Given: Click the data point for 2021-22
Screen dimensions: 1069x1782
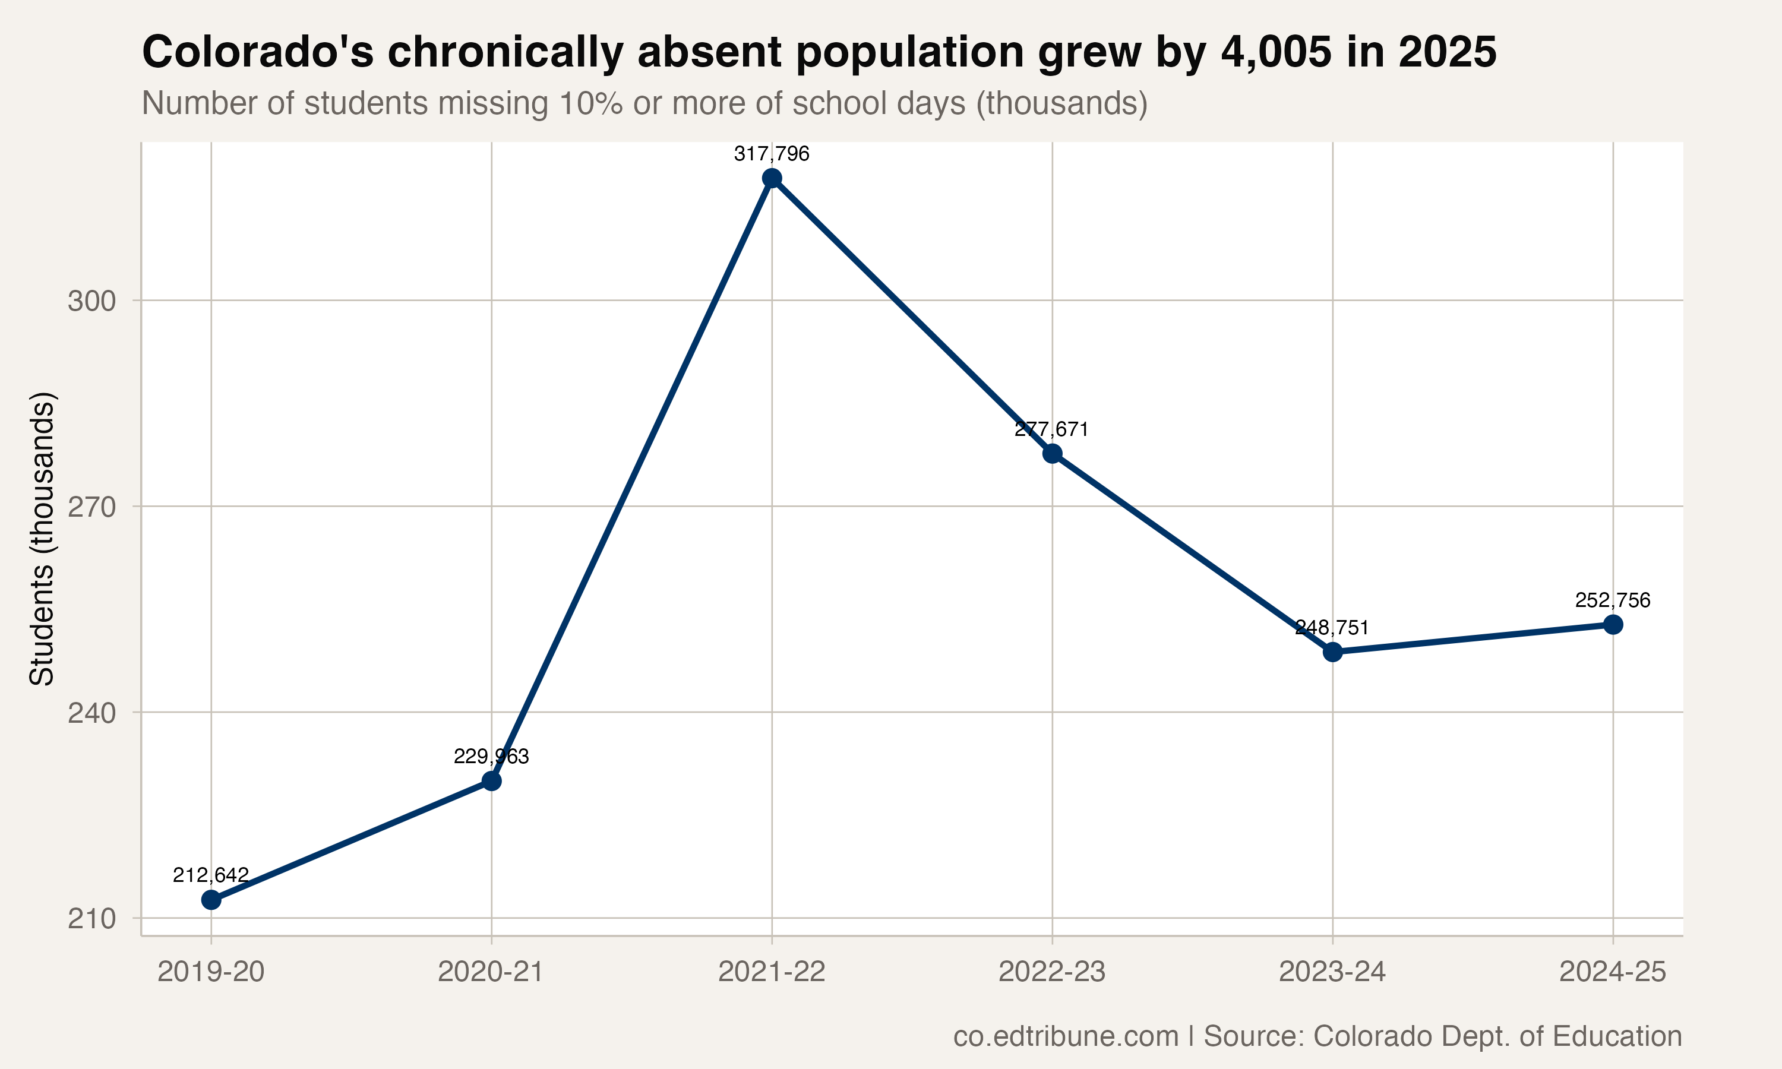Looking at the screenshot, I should [x=772, y=178].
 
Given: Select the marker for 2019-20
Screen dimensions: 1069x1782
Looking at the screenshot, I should [x=211, y=900].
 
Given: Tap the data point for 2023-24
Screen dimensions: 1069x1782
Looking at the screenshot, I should [x=1332, y=652].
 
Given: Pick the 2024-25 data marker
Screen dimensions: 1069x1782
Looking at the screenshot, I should [x=1613, y=625].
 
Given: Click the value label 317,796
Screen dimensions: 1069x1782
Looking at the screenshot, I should [x=772, y=153].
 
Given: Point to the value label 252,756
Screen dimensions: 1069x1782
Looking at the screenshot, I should [x=1613, y=600].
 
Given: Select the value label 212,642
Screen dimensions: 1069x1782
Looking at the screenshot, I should [x=211, y=875].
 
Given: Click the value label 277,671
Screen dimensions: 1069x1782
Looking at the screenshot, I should [x=1051, y=429].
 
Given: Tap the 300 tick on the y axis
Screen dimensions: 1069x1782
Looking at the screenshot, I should [x=91, y=301].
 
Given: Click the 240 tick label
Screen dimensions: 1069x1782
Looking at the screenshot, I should [x=91, y=713].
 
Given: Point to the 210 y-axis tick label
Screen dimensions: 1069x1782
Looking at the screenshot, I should [x=91, y=919].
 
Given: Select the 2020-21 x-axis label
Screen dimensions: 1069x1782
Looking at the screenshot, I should [x=491, y=972].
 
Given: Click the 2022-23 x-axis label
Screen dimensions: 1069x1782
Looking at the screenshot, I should [x=1051, y=972].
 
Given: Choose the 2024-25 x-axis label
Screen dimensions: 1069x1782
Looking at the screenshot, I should [x=1613, y=972].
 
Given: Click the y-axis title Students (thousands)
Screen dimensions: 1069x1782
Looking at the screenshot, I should [x=42, y=538].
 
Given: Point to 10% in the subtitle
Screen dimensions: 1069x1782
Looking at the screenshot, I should [x=590, y=103].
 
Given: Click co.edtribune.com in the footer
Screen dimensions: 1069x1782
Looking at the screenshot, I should [x=1066, y=1036].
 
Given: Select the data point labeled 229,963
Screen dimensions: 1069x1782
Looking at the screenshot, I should [x=491, y=781].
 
